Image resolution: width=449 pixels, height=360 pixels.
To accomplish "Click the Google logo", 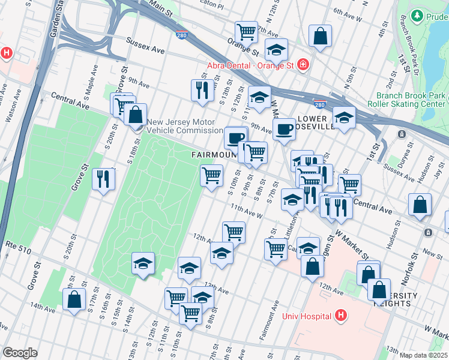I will coord(20,353).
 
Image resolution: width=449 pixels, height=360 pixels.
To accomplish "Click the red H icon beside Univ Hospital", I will coord(341,315).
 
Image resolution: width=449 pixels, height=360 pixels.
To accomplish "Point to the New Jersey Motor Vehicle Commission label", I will coord(185,125).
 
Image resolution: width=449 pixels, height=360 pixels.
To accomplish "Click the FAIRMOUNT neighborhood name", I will coord(214,155).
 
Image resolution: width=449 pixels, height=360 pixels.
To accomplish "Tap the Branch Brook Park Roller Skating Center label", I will coord(411,100).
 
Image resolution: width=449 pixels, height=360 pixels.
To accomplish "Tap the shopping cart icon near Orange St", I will coord(246,31).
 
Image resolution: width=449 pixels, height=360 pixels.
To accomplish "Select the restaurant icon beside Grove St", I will coord(103,178).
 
